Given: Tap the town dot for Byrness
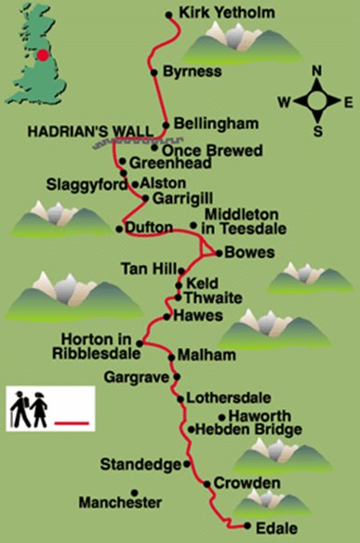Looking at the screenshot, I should [153, 71].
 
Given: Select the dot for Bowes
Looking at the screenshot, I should [217, 251].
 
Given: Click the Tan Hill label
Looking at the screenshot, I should [146, 269].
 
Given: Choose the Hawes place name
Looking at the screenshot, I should [196, 316].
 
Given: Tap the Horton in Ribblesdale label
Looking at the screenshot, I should [99, 344].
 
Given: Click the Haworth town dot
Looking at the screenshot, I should [221, 416].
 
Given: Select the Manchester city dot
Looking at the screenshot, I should [135, 492].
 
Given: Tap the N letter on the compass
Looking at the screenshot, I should [315, 71].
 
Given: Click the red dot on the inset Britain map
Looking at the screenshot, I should [43, 55].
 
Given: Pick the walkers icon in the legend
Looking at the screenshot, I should [28, 409].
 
